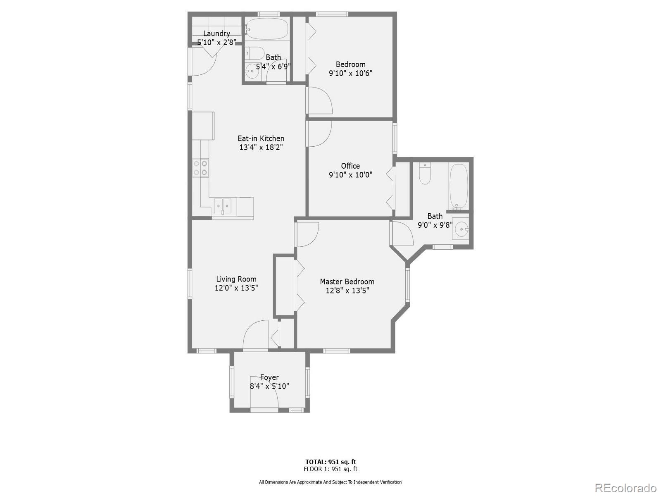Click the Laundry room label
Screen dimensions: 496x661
point(216,33)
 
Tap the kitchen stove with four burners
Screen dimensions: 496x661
point(200,168)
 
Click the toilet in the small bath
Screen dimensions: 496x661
point(256,54)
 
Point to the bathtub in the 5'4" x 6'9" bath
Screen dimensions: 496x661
point(267,29)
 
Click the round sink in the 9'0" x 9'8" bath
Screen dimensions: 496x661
point(461,228)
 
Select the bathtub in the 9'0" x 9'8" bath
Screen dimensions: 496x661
point(458,187)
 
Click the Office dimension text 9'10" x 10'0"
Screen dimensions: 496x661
point(350,175)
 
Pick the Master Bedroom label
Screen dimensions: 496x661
point(347,281)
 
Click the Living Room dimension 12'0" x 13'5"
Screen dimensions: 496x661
point(236,288)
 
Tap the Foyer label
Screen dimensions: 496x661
point(269,377)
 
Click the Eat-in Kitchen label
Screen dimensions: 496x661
point(261,138)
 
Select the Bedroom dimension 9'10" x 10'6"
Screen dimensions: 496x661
point(350,74)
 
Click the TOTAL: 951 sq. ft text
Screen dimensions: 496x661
point(330,462)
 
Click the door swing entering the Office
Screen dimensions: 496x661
point(319,133)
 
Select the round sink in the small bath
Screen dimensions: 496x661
point(251,72)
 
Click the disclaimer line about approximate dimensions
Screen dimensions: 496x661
point(330,482)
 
